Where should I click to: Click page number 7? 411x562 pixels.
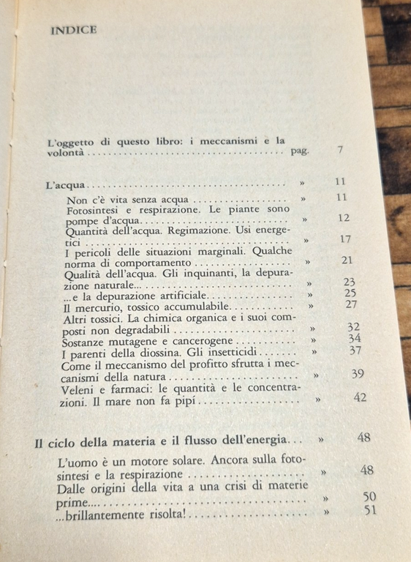(341, 150)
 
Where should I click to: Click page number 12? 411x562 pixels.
(344, 217)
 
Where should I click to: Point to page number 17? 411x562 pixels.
(345, 239)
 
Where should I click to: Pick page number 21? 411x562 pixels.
(347, 260)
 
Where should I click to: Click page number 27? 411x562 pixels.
(351, 304)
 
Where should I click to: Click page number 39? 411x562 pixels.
(358, 374)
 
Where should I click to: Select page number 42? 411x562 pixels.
(359, 398)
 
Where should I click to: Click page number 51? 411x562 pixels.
(370, 510)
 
